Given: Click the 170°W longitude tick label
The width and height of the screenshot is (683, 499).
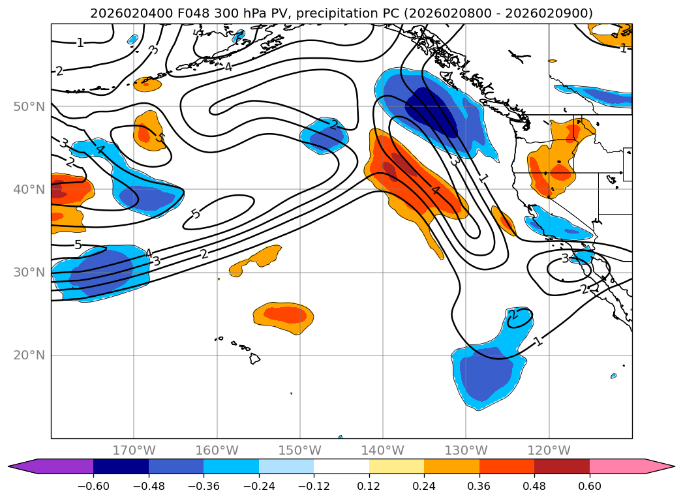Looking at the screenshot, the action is (x=134, y=450).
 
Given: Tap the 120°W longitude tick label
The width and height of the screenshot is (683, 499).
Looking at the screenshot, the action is (x=549, y=450).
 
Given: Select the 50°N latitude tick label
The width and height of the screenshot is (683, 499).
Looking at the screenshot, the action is (x=29, y=107).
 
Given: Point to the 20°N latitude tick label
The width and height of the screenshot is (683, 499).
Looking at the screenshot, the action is (x=29, y=355).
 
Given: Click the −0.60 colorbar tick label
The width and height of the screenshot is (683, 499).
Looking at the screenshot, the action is (x=93, y=486).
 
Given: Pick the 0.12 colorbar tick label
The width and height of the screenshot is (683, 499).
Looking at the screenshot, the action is (x=369, y=486).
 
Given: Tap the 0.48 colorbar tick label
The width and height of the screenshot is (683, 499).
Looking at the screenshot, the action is (x=534, y=486).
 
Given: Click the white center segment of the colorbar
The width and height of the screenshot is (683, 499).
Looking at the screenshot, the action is (x=342, y=466).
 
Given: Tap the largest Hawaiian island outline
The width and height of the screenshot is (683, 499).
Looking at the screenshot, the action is (x=254, y=358).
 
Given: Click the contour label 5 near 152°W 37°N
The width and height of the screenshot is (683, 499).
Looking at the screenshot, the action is (x=196, y=214).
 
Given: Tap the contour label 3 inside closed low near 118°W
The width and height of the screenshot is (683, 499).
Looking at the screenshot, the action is (x=565, y=259).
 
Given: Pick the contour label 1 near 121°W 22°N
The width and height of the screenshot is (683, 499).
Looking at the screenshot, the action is (x=539, y=341).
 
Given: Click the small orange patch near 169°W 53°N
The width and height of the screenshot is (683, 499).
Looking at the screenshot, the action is (x=147, y=84).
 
